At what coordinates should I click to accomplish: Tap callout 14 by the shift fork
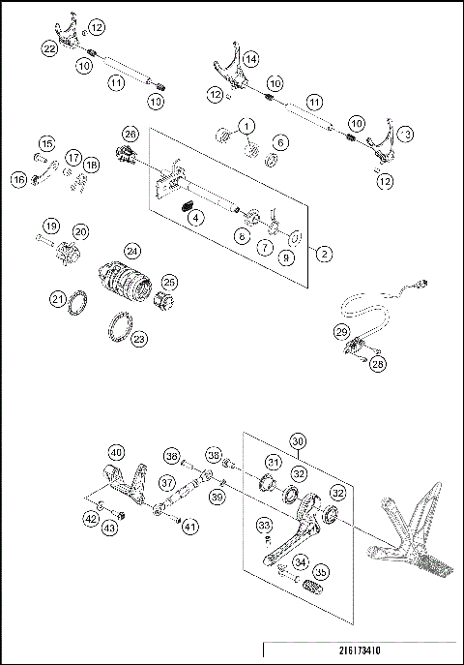249,59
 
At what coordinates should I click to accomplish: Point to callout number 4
196,218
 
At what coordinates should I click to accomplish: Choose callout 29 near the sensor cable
342,332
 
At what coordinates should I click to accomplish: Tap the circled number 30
299,440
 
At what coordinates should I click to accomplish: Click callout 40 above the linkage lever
116,451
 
